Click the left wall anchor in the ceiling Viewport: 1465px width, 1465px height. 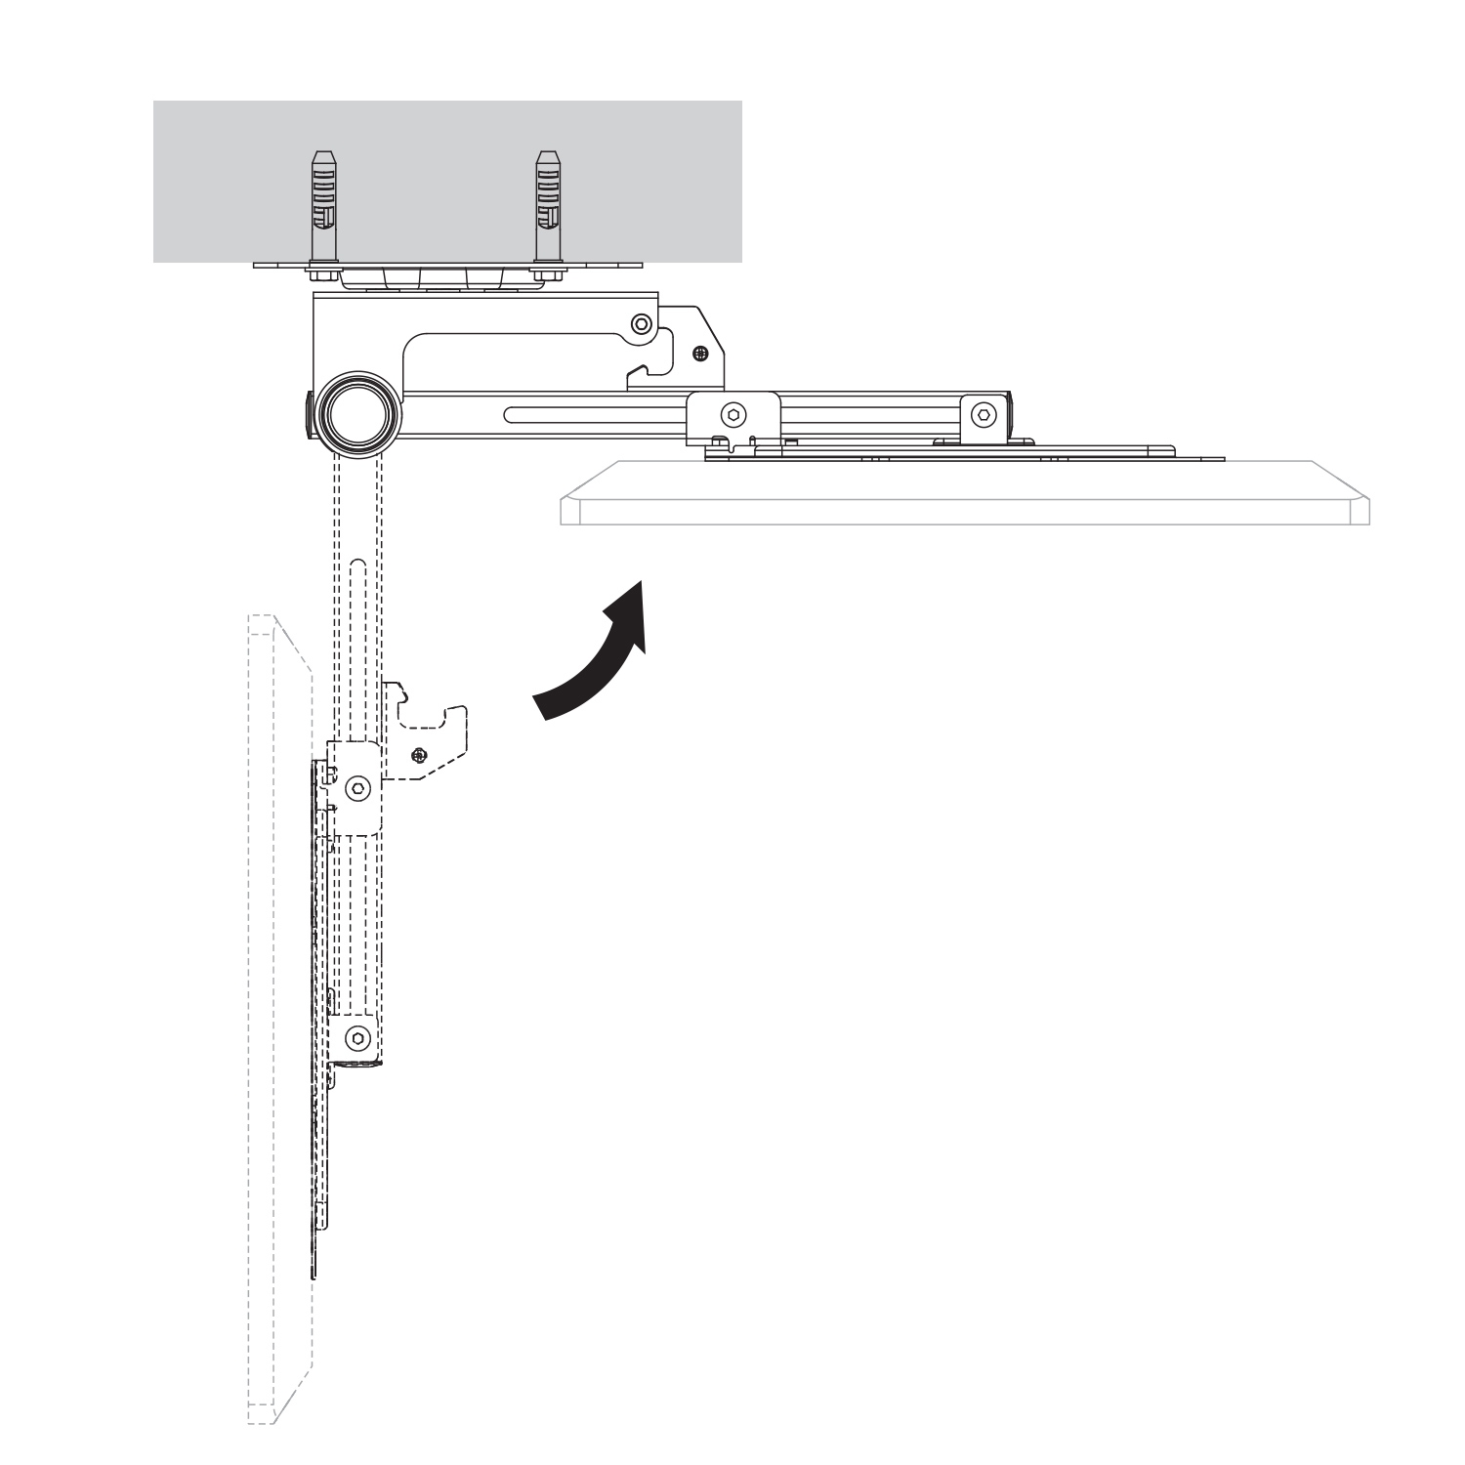(323, 206)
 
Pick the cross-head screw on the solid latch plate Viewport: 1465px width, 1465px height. (699, 353)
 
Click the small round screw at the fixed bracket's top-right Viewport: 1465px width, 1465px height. (641, 323)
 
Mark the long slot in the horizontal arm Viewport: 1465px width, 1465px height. (596, 416)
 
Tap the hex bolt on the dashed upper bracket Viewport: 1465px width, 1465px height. (359, 786)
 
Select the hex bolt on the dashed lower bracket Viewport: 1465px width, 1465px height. (359, 1037)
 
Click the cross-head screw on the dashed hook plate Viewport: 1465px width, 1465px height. (419, 754)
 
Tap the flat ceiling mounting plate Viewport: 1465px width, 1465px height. (448, 264)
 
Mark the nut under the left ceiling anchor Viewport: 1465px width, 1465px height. (323, 274)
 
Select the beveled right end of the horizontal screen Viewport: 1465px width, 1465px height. (1359, 508)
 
